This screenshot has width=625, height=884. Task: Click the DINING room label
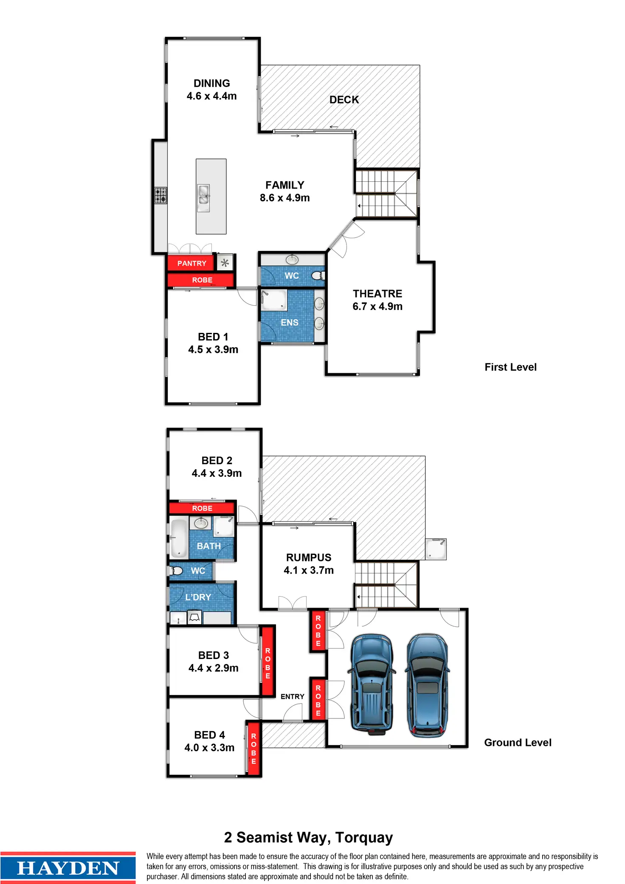pos(211,83)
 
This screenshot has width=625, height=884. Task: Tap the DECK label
pos(344,100)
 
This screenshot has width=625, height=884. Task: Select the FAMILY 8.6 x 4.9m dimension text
pos(284,198)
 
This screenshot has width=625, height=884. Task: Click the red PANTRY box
pos(191,263)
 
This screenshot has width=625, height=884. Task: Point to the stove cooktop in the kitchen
pos(160,196)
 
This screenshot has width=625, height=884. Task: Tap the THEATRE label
pos(377,294)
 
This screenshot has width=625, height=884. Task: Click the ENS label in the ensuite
pos(290,323)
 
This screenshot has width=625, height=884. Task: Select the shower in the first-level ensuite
pos(274,300)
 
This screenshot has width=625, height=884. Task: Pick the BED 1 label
pos(213,337)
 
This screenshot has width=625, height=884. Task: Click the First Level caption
pos(510,367)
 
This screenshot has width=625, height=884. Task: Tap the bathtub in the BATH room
pos(179,538)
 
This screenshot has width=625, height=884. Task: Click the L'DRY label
pos(198,597)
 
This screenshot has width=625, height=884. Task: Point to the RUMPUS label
pos(308,557)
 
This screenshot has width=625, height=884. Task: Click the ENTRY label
pos(292,697)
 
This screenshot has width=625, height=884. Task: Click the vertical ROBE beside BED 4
pos(253,749)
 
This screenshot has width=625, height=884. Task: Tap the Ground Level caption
pos(518,743)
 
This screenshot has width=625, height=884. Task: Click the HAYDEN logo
pos(68,868)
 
